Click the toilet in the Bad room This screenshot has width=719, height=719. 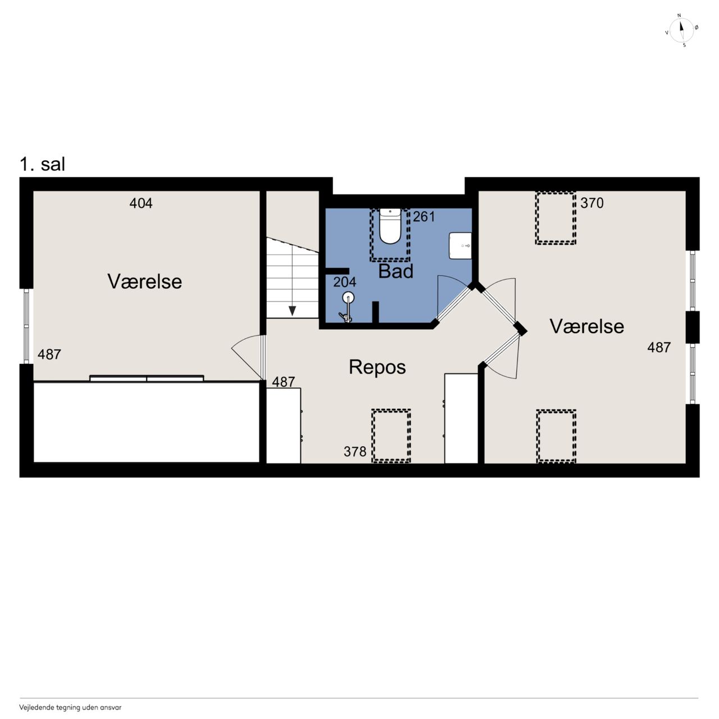pyautogui.click(x=390, y=226)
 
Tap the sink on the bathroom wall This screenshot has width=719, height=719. pyautogui.click(x=461, y=246)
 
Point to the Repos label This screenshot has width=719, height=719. pyautogui.click(x=377, y=367)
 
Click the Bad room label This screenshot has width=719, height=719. pyautogui.click(x=396, y=271)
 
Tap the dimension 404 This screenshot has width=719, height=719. pyautogui.click(x=141, y=203)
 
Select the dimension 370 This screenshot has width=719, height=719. pyautogui.click(x=592, y=203)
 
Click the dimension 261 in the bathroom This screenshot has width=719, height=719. pyautogui.click(x=424, y=217)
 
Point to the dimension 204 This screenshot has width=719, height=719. pyautogui.click(x=345, y=282)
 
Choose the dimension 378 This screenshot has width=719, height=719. pyautogui.click(x=355, y=452)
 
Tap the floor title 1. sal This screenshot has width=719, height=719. pyautogui.click(x=43, y=164)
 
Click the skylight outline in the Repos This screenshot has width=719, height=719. pyautogui.click(x=391, y=436)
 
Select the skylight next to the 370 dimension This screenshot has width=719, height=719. pyautogui.click(x=556, y=218)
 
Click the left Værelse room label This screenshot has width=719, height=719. pyautogui.click(x=145, y=281)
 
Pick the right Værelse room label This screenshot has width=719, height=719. pyautogui.click(x=587, y=326)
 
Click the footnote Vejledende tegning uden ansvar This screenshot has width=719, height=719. pyautogui.click(x=70, y=707)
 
